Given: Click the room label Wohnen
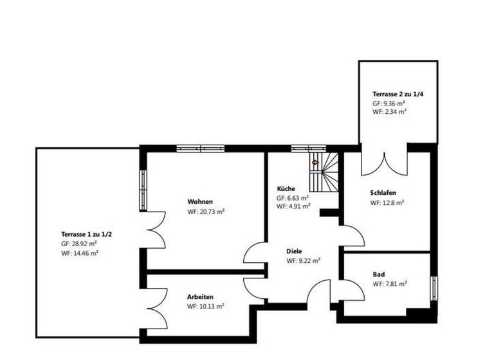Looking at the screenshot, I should tap(200, 201).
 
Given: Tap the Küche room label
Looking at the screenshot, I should tap(286, 188).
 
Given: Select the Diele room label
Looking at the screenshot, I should tap(295, 251).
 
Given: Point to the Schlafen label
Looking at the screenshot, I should tap(383, 193).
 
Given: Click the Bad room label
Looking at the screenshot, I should tap(379, 274).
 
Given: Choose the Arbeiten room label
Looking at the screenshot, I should tap(200, 297).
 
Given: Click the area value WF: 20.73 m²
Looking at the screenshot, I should tap(206, 211).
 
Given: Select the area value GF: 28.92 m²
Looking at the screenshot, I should tap(79, 244).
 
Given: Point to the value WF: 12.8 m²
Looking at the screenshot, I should tap(387, 203).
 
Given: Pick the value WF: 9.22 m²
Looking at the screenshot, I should tap(304, 261).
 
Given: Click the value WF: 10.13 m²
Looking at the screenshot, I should tap(206, 307).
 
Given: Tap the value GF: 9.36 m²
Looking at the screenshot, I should tap(389, 103).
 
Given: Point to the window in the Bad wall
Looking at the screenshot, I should tap(434, 289).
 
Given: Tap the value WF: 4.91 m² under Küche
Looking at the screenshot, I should tap(294, 207).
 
